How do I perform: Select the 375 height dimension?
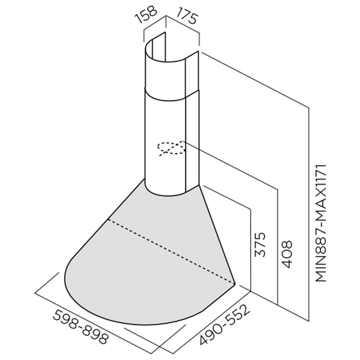[260, 244]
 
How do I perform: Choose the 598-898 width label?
[80, 327]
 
